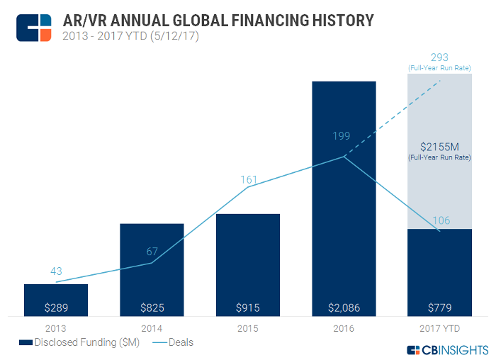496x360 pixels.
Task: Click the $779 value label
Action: coord(440,308)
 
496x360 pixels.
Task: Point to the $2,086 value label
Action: coord(344,308)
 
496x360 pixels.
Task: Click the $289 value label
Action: coord(56,308)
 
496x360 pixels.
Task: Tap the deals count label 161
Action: coord(248,180)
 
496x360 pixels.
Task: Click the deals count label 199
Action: coord(344,135)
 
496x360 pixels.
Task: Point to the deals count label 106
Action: coord(441,220)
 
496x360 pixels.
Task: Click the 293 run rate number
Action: coord(440,57)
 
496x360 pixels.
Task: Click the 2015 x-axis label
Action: coord(248,329)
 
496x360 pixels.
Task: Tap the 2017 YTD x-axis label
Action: coord(440,329)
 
